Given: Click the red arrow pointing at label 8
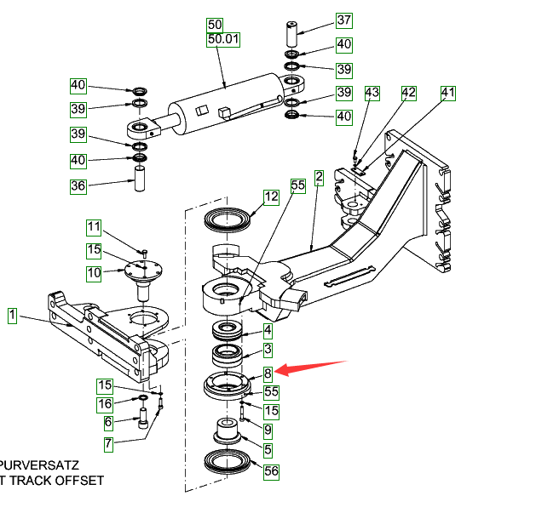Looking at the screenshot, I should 313,369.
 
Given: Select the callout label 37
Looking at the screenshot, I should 343,20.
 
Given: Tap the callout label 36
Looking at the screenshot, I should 78,186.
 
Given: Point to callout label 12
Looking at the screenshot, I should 271,197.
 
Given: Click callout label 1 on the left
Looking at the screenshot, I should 13,316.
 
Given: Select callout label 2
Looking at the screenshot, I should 319,178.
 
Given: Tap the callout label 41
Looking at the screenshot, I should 448,92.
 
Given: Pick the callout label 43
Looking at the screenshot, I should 372,92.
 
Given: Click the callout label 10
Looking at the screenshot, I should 94,273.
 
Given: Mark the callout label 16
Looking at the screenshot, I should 104,404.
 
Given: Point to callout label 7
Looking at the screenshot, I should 108,443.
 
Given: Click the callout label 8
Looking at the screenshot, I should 267,373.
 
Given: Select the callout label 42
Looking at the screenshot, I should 408,92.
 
